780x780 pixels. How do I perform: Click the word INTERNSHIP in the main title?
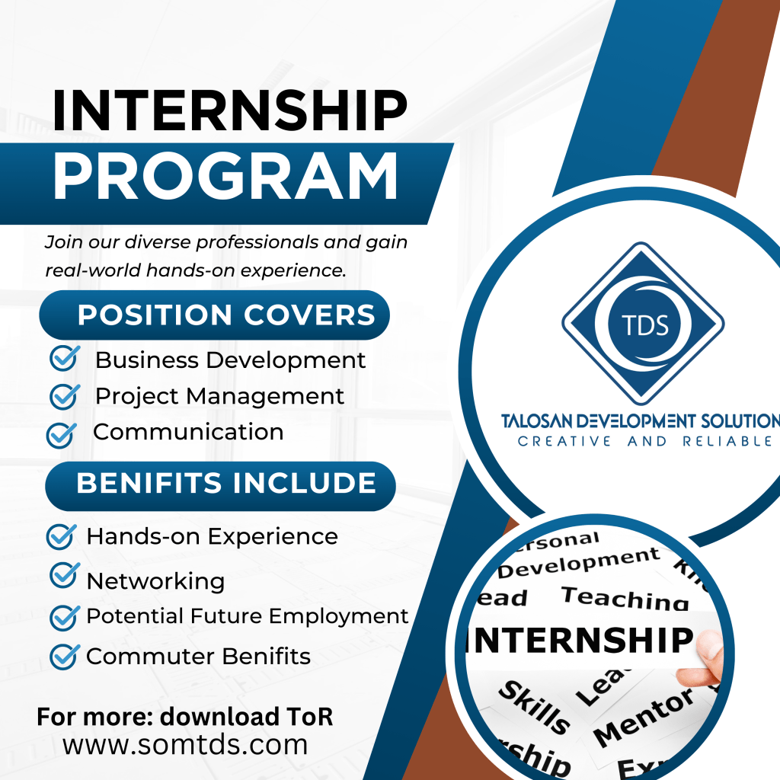230,110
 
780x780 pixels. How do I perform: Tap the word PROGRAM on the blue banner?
225,176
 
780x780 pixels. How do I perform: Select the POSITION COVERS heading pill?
214,315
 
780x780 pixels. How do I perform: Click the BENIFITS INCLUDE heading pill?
220,486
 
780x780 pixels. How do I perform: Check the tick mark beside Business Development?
65,358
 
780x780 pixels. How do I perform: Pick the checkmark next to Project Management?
65,396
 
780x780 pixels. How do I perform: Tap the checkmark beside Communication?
62,435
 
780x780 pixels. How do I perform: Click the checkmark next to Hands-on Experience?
62,537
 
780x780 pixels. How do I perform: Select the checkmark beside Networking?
65,575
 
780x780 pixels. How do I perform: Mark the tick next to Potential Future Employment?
65,618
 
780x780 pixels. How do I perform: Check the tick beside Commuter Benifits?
65,657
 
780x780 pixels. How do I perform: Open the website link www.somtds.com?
185,745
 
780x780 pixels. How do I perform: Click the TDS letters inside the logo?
644,326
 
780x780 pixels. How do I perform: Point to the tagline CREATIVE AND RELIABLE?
644,441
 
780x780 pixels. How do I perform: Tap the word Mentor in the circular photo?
644,718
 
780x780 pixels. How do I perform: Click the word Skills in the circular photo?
534,707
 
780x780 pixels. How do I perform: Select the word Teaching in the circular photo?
625,599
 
